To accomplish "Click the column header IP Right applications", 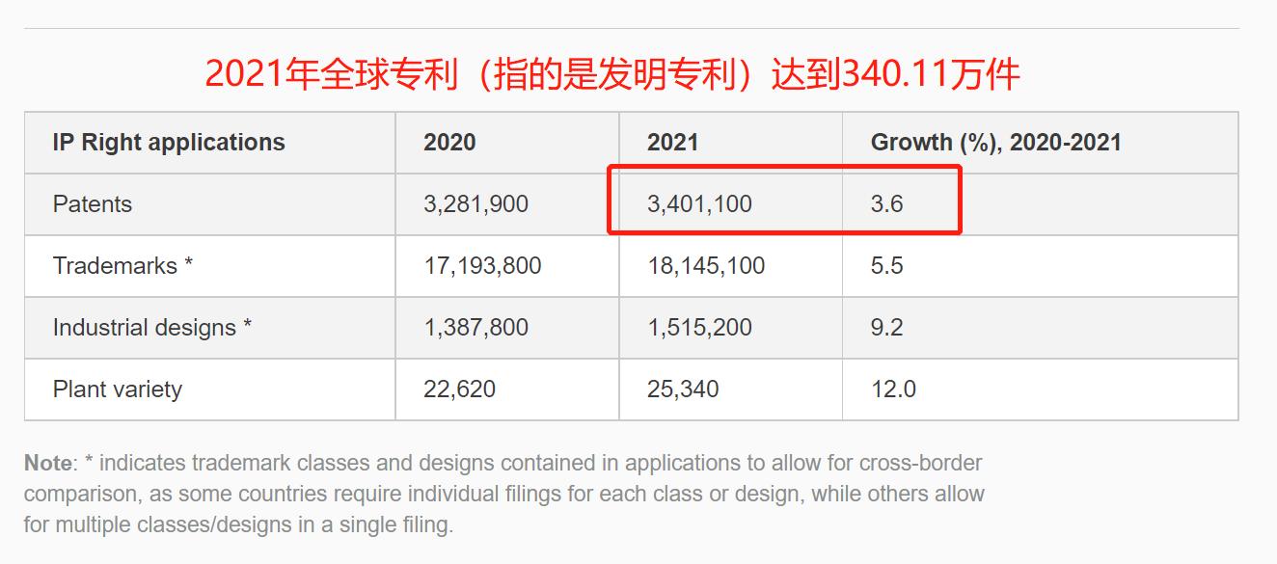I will tap(169, 143).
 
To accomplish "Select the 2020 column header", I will tap(449, 143).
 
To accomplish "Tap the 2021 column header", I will tap(672, 143).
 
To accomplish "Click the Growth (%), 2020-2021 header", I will tap(995, 143).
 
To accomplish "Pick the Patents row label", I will tap(93, 204).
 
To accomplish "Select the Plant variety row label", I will tap(118, 389).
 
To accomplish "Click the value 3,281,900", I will tap(475, 204).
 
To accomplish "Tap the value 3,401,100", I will tap(699, 204).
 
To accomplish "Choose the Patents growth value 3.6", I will tap(886, 204).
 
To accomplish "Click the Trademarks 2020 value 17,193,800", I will tap(482, 266).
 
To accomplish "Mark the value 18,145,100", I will tap(706, 266).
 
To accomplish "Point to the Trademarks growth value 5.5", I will tap(886, 266).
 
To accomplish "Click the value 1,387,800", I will tap(475, 328).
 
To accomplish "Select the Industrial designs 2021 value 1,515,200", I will tap(699, 328).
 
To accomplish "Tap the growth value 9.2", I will tap(886, 328).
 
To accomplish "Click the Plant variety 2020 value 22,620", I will tap(459, 389).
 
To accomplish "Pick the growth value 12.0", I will tap(893, 389).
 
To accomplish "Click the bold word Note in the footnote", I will tap(47, 463).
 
